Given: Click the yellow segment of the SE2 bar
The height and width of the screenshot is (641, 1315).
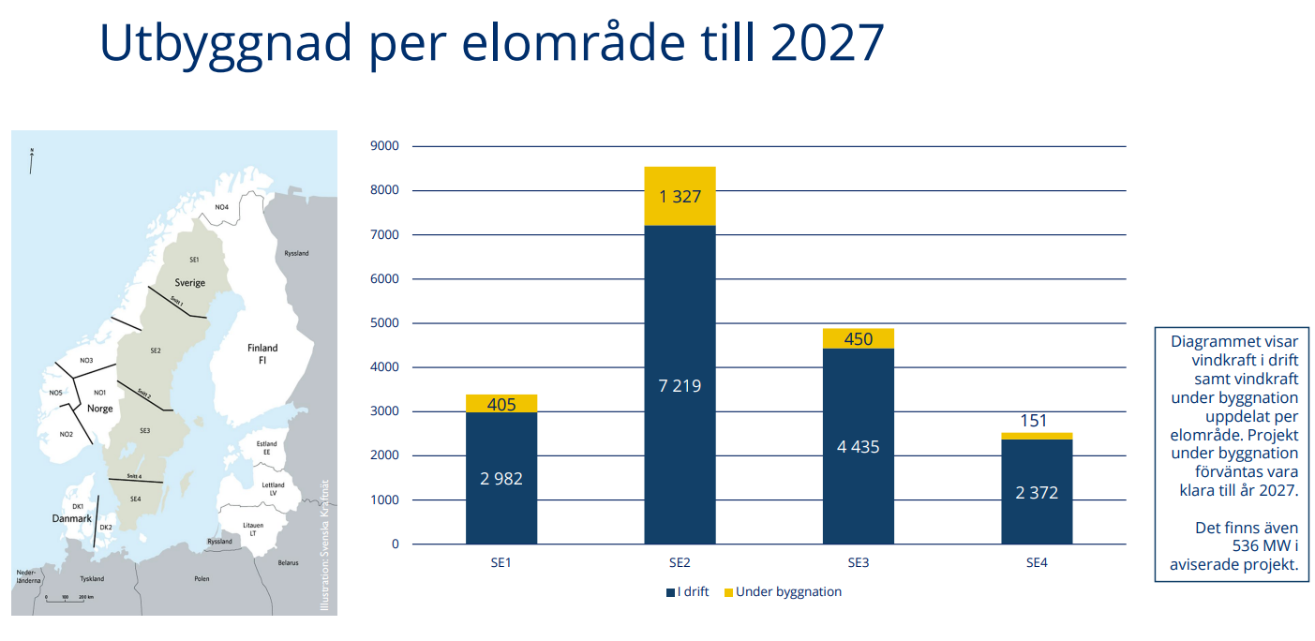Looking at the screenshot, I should pyautogui.click(x=680, y=196).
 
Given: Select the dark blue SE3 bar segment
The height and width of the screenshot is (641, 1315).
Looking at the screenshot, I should pyautogui.click(x=858, y=446).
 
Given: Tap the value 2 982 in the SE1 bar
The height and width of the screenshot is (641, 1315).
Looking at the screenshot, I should pyautogui.click(x=501, y=478).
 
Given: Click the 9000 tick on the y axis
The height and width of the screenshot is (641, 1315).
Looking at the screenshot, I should pyautogui.click(x=384, y=146).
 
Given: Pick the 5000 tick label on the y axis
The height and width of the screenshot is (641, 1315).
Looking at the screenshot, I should pyautogui.click(x=384, y=323).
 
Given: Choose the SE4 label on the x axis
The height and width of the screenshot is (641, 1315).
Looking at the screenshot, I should pyautogui.click(x=1037, y=563).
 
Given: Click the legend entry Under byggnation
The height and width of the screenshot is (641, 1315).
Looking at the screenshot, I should pyautogui.click(x=788, y=592).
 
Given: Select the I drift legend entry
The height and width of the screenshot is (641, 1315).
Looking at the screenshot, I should pyautogui.click(x=693, y=592).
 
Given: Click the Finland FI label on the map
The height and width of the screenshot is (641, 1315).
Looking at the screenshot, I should pyautogui.click(x=262, y=353).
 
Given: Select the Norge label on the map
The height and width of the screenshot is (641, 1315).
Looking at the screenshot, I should pyautogui.click(x=99, y=409).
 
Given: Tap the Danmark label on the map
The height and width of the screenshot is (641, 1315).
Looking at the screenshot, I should pyautogui.click(x=71, y=518).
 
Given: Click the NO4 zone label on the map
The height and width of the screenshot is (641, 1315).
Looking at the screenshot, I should pyautogui.click(x=221, y=207).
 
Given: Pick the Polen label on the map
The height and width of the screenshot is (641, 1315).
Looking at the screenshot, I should pyautogui.click(x=202, y=579).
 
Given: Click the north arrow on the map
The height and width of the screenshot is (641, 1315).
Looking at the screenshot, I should pyautogui.click(x=32, y=160).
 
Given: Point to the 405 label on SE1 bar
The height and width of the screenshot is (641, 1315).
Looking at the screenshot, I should pyautogui.click(x=501, y=405).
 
